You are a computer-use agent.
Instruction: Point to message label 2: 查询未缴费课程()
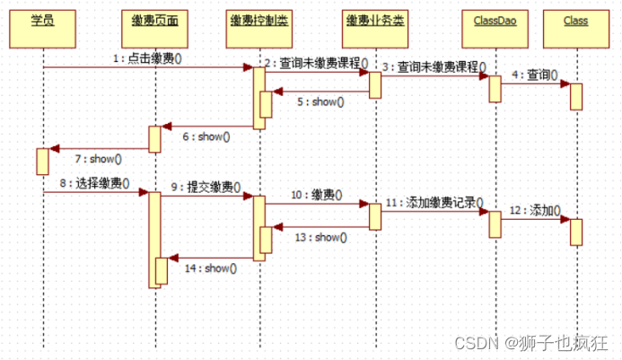pos(317,63)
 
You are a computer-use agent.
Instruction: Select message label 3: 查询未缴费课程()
pos(434,67)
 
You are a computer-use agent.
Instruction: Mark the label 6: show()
pos(206,136)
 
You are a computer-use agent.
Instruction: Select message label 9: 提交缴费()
pos(206,187)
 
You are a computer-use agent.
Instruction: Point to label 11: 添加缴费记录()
pos(434,202)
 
